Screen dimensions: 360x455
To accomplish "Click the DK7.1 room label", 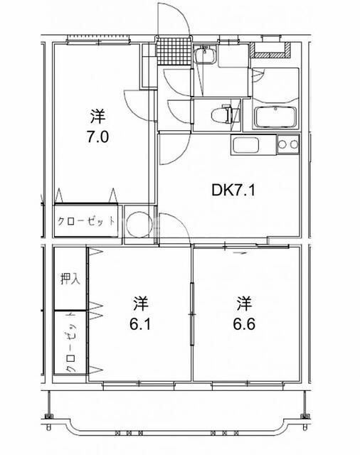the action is [x=233, y=191].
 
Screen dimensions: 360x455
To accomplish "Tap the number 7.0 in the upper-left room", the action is [x=97, y=136].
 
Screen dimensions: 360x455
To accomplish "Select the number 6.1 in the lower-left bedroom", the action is [x=140, y=324].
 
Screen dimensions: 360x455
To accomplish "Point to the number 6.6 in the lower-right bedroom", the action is [x=244, y=324].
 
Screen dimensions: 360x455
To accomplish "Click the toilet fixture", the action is [x=221, y=114].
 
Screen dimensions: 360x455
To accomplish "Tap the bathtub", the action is [x=275, y=117].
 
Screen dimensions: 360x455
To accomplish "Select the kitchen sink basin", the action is [x=245, y=145].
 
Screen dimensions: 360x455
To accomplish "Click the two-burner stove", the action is [x=288, y=144].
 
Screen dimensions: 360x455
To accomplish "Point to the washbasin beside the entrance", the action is [x=206, y=55].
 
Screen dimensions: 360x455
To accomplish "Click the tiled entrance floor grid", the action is [x=174, y=51].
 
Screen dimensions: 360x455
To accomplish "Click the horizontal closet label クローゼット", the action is [x=86, y=221].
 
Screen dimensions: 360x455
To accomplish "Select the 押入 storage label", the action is [x=70, y=279].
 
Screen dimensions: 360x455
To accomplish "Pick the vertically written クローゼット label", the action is [x=71, y=343].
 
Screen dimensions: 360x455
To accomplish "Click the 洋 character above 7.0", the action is [x=97, y=116].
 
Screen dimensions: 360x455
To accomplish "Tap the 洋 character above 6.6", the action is [x=244, y=304].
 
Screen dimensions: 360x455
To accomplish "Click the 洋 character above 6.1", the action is [x=141, y=304].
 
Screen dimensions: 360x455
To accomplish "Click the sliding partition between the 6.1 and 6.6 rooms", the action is [x=192, y=314].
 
